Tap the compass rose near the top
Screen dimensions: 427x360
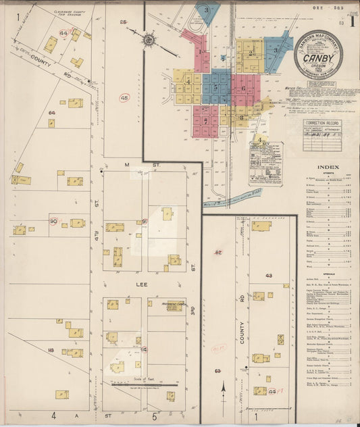click(x=149, y=40)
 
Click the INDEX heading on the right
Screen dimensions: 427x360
click(x=328, y=167)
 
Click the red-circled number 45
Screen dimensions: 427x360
click(x=124, y=98)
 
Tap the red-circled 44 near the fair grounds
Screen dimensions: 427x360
click(x=65, y=32)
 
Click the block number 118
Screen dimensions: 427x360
click(x=51, y=351)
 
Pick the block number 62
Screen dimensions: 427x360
click(x=218, y=252)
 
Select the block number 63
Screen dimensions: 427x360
click(x=217, y=372)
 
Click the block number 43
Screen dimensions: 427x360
click(x=269, y=276)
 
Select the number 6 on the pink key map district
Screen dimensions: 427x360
click(x=242, y=89)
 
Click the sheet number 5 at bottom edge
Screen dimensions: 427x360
click(x=154, y=416)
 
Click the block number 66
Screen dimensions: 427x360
click(x=51, y=113)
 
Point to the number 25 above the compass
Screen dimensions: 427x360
click(x=123, y=22)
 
